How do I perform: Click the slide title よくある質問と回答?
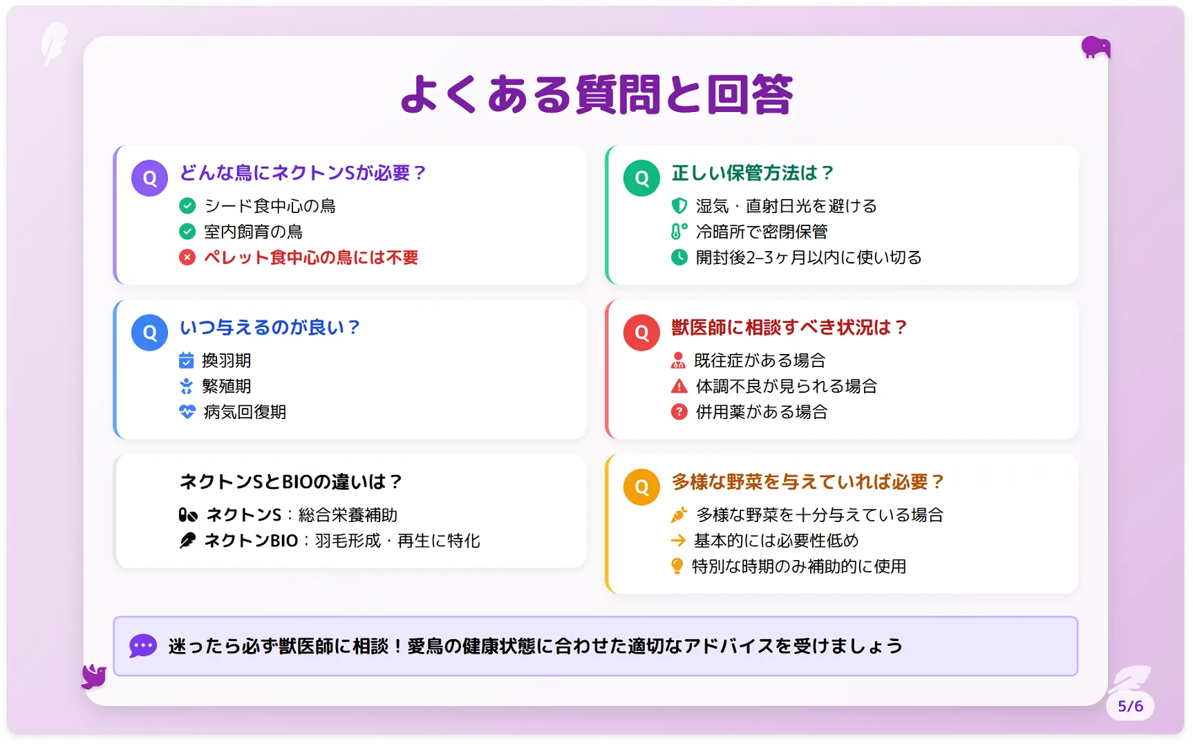[596, 95]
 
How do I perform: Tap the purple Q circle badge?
[150, 178]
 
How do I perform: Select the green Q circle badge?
[641, 178]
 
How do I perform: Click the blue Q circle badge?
[150, 333]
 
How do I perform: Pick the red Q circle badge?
[641, 333]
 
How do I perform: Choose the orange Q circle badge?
[641, 487]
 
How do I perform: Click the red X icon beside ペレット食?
[187, 257]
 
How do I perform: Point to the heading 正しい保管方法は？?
[753, 173]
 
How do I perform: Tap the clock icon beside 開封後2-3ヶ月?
[679, 257]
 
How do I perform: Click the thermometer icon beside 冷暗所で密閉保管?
[679, 231]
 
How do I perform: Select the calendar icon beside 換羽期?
[187, 360]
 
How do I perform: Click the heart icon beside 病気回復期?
[187, 412]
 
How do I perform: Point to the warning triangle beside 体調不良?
[679, 386]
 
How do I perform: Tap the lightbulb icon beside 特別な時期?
[677, 566]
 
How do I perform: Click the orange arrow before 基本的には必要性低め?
[678, 540]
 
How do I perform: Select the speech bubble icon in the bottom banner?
[143, 646]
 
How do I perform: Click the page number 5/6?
[1131, 706]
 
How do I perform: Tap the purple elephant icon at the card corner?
[1096, 47]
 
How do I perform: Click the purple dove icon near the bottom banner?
[94, 676]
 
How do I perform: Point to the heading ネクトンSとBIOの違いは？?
[291, 481]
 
